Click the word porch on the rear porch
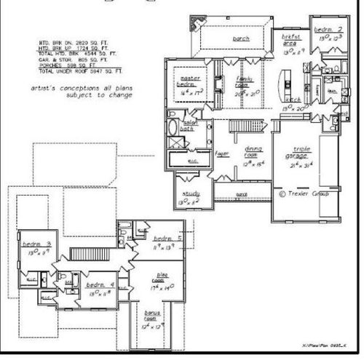[242, 39]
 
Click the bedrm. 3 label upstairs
[31, 244]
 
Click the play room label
[160, 278]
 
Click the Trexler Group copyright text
[304, 193]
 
